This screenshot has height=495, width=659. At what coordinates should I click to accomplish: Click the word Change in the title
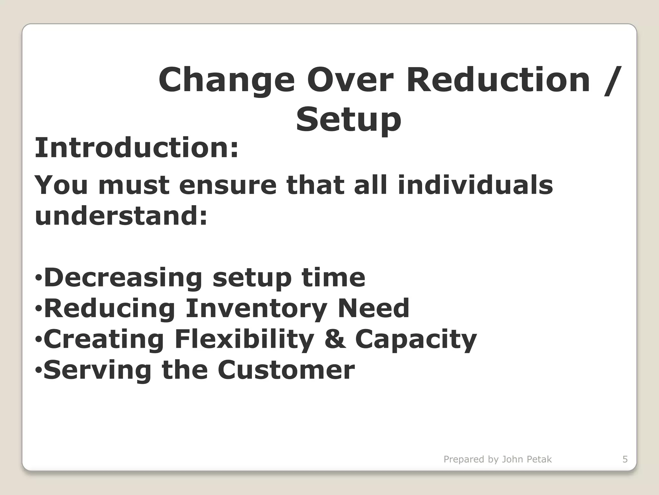pyautogui.click(x=227, y=81)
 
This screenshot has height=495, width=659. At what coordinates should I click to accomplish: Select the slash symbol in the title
pyautogui.click(x=611, y=81)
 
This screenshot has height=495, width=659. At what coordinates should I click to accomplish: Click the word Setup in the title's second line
pyautogui.click(x=348, y=120)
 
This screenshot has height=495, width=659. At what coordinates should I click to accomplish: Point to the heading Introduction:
pyautogui.click(x=136, y=148)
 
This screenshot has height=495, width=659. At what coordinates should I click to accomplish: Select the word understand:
pyautogui.click(x=121, y=216)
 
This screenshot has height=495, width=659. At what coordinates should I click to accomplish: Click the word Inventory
pyautogui.click(x=256, y=308)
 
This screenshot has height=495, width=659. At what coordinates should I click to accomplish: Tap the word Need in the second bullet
pyautogui.click(x=373, y=308)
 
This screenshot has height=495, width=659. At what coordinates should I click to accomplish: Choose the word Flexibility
pyautogui.click(x=244, y=339)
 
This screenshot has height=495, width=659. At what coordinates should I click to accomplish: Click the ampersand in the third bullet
pyautogui.click(x=335, y=339)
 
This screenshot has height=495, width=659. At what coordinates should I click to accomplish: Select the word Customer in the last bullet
pyautogui.click(x=286, y=370)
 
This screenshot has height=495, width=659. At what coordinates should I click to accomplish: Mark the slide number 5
pyautogui.click(x=625, y=459)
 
